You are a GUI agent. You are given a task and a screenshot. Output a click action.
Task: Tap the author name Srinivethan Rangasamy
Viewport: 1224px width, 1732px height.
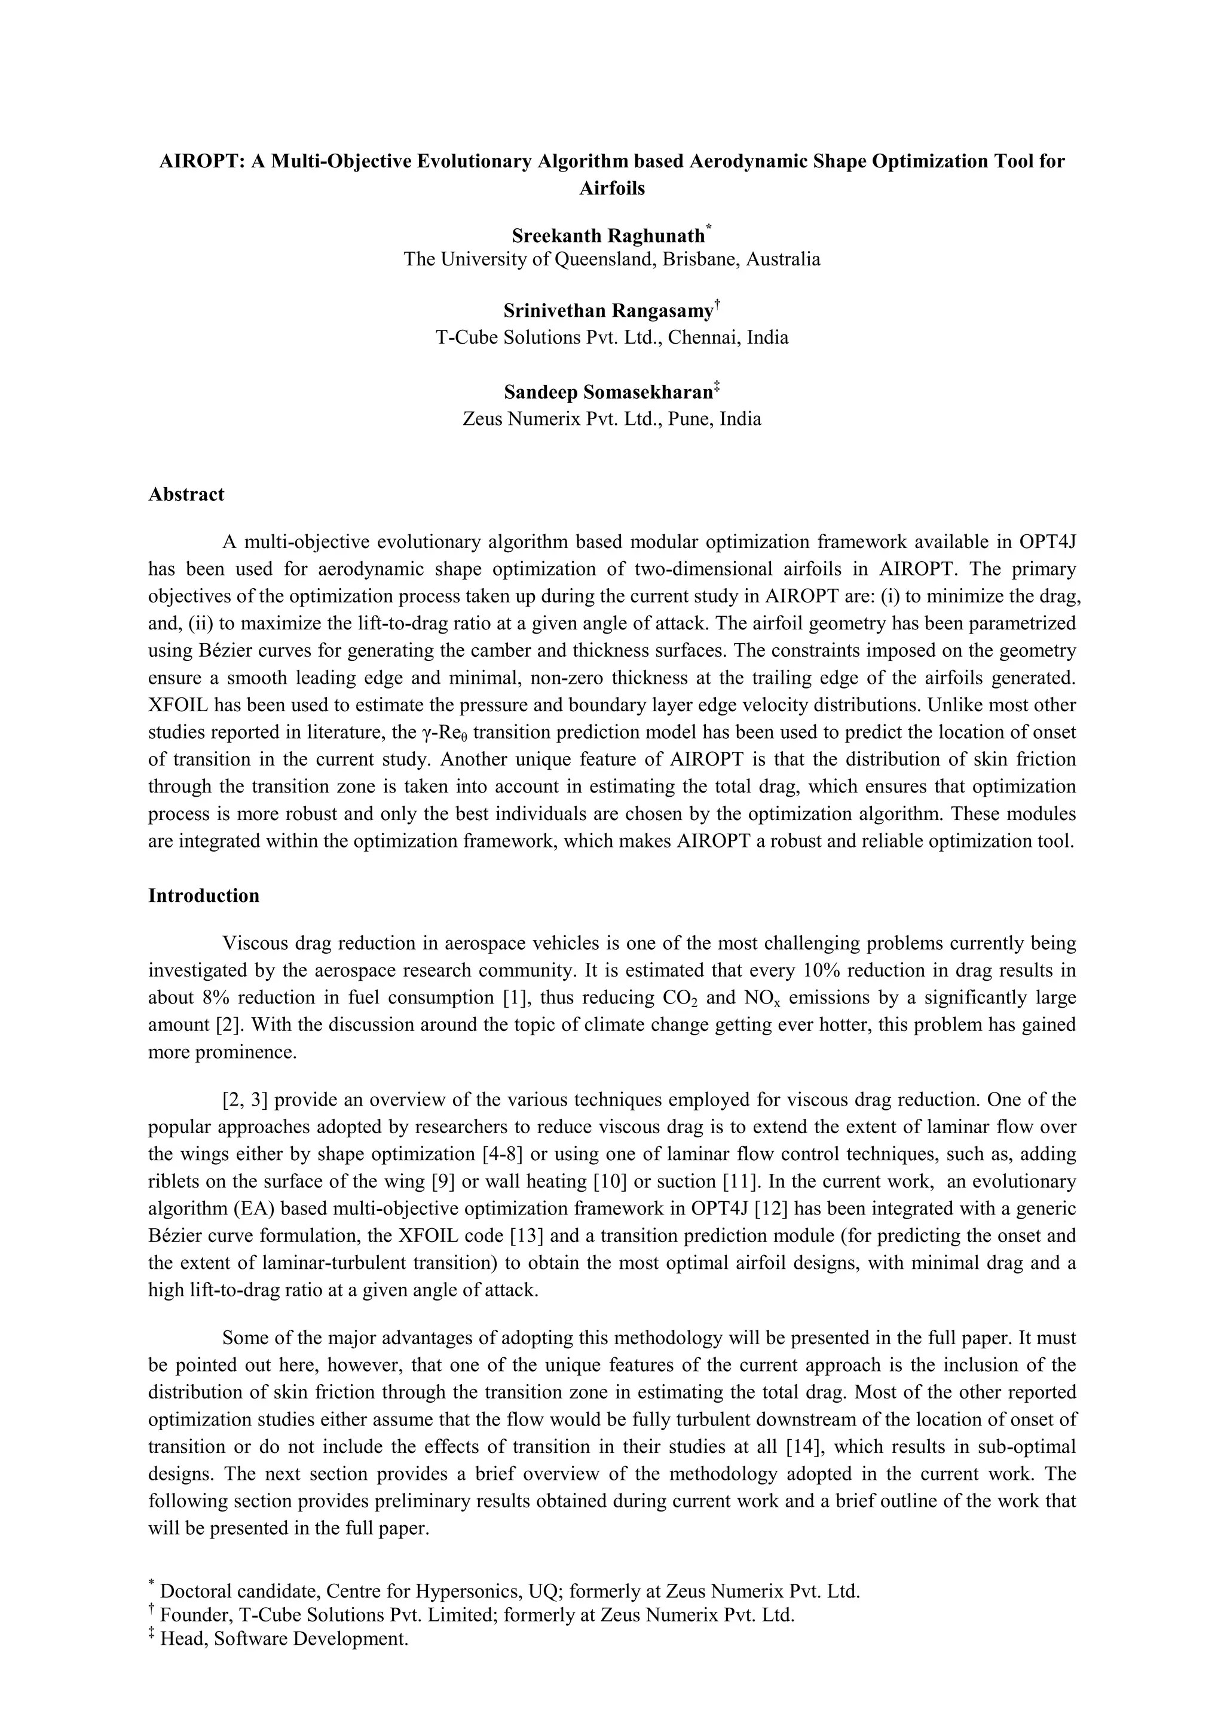coord(608,311)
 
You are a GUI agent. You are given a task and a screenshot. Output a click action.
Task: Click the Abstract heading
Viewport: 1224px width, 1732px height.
coord(186,495)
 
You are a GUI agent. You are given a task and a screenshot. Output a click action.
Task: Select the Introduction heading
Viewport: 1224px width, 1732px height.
coord(204,896)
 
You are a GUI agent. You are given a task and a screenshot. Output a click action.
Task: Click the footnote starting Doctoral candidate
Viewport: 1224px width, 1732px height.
coord(510,1592)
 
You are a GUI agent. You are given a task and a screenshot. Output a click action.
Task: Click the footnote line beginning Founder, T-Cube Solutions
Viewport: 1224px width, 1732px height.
coord(478,1615)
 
